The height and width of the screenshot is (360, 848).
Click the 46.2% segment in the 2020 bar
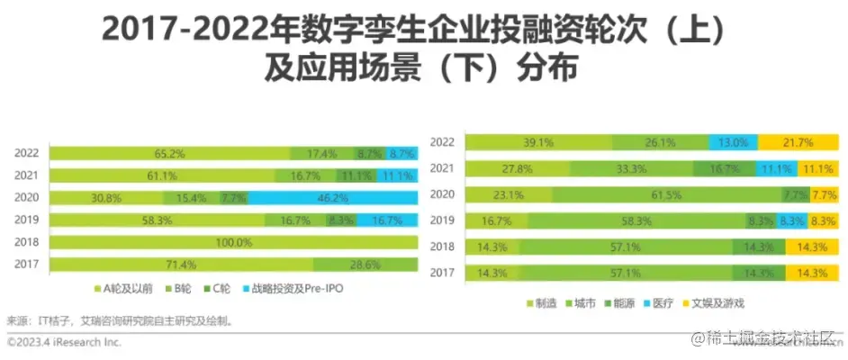point(332,196)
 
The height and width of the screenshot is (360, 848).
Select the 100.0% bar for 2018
point(232,242)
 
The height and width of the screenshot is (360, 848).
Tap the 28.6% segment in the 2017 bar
point(365,265)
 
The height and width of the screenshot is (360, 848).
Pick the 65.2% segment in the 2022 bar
point(169,153)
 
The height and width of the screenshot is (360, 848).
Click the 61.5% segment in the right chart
point(667,194)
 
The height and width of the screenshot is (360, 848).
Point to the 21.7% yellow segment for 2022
point(798,142)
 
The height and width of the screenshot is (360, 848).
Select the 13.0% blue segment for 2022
point(733,142)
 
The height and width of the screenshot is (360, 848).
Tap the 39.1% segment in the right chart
point(539,142)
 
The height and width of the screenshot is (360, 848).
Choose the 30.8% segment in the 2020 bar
point(105,196)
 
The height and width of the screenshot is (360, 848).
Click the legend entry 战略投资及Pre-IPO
point(290,289)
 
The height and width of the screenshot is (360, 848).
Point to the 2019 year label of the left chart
point(25,219)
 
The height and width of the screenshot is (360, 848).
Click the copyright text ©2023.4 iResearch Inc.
point(64,343)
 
